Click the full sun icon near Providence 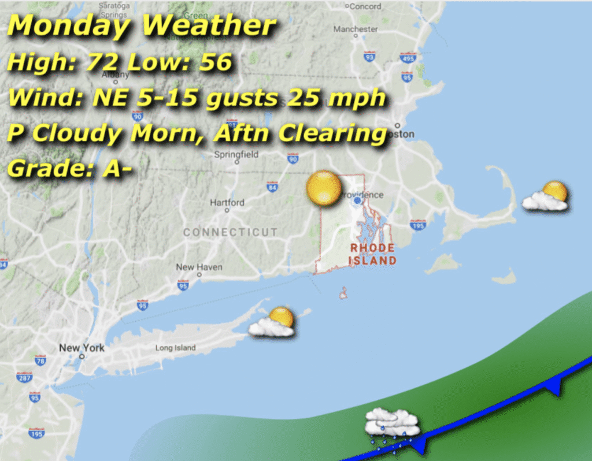324,188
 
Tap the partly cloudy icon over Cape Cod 546,196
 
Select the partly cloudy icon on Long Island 273,322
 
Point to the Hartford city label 227,203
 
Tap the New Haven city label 199,267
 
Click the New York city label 82,348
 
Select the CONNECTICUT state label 230,232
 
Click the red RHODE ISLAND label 372,254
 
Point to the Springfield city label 236,155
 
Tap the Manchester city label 356,29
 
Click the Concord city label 365,6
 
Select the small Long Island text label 175,348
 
